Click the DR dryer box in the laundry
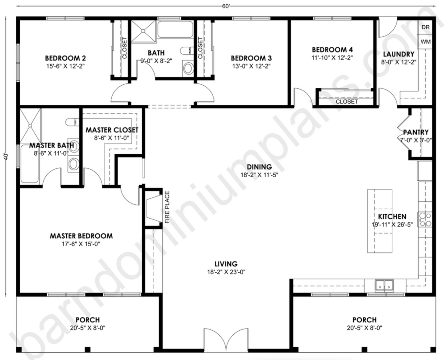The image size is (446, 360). tap(425, 27)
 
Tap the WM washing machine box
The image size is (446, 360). tap(425, 41)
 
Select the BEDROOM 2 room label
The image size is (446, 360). tap(65, 58)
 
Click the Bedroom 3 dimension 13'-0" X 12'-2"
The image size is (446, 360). tap(251, 66)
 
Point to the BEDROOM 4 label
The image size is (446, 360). tap(332, 50)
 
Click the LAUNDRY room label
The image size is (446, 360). tap(398, 54)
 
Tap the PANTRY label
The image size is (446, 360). tap(416, 132)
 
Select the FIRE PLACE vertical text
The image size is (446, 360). tap(167, 207)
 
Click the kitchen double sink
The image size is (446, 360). tap(384, 286)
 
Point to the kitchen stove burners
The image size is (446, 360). tap(425, 220)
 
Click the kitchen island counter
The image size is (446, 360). tap(380, 221)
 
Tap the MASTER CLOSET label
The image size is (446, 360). tap(112, 130)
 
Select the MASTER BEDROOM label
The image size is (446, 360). tap(81, 236)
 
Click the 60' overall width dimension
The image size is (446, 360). tap(226, 6)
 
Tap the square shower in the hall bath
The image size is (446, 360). tap(143, 31)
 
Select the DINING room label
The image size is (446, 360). tap(259, 167)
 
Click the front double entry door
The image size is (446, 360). tap(227, 340)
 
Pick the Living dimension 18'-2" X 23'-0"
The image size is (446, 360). tap(226, 272)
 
